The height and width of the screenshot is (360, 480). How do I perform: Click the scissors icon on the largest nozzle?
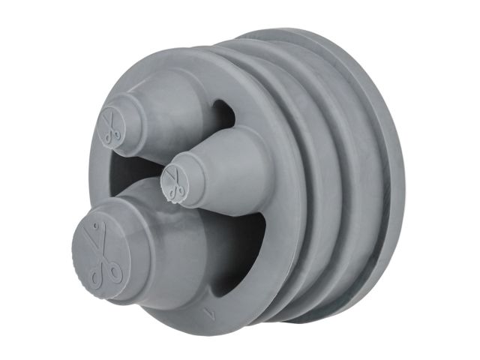tap(100, 255)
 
